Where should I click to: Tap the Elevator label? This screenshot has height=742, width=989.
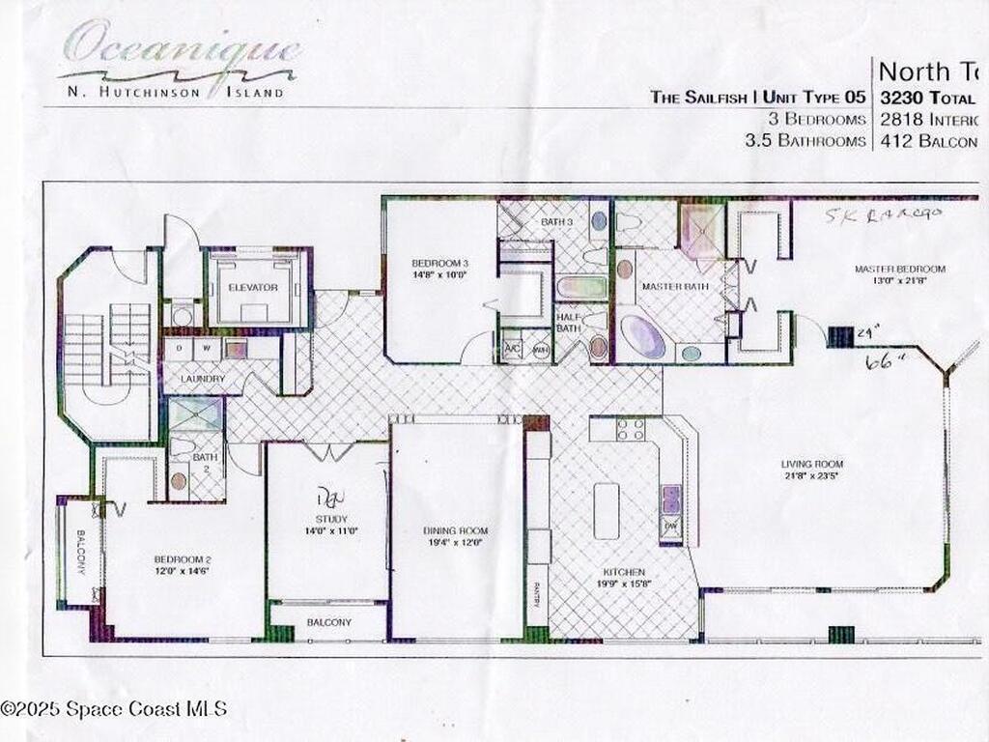(253, 288)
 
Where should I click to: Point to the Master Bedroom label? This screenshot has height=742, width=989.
(899, 269)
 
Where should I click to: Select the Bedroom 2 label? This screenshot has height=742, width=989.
(182, 559)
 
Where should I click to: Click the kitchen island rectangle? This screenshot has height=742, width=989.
(607, 510)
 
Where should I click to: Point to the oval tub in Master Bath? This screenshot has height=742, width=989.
(641, 337)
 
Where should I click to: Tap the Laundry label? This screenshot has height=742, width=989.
(201, 380)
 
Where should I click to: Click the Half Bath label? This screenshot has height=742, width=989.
(569, 327)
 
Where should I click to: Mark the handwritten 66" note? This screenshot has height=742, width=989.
(878, 361)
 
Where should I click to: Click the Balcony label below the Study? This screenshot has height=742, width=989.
(328, 623)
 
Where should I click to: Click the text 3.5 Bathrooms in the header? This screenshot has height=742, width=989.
(805, 141)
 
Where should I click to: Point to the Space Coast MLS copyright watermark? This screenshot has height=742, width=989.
(114, 709)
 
